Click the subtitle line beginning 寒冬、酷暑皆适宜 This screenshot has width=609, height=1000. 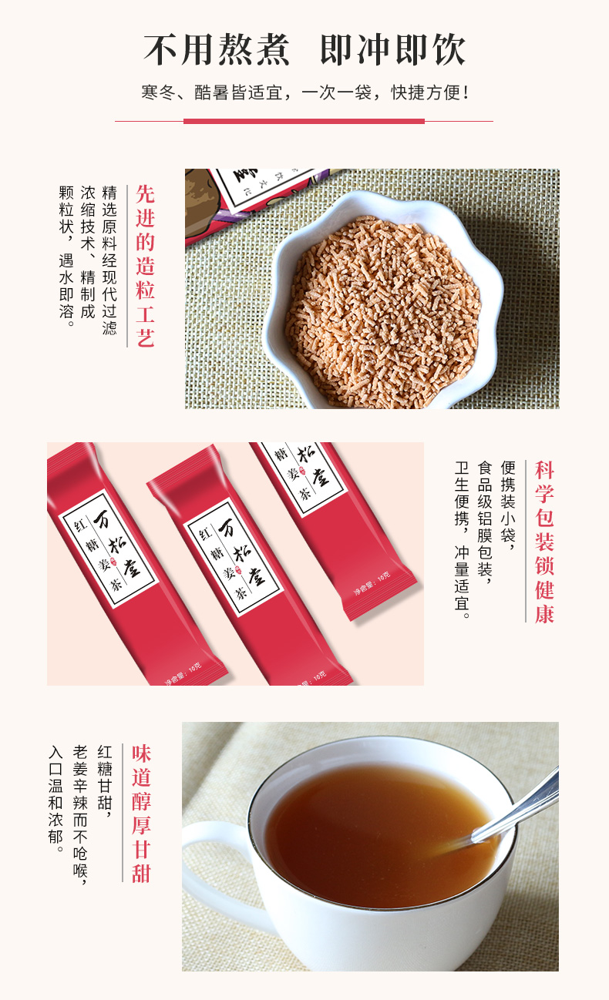click(304, 93)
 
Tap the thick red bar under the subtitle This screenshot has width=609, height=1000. click(304, 121)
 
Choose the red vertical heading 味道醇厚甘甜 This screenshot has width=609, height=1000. click(141, 813)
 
